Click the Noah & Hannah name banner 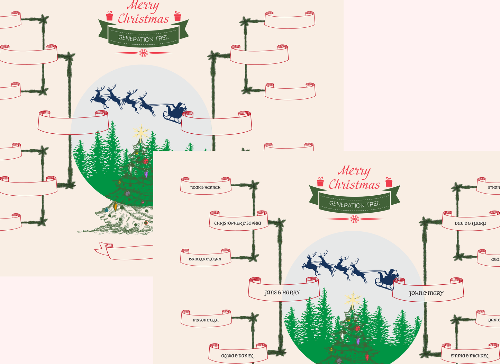point(206,187)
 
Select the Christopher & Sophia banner point(238,223)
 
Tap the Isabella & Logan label point(205,259)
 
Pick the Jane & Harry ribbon point(282,292)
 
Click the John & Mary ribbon point(426,293)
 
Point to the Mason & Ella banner point(206,320)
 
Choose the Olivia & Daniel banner point(237,356)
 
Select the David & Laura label point(470,223)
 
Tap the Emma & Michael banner point(470,356)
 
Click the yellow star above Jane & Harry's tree point(352,300)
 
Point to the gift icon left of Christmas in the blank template point(110,16)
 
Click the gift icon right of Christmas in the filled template point(389,182)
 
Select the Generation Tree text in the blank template point(144,38)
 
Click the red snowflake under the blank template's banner point(144,53)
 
